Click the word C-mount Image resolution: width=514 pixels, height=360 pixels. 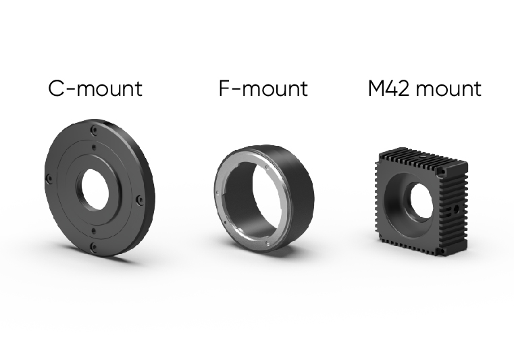(95, 88)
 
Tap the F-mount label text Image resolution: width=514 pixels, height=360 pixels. (263, 88)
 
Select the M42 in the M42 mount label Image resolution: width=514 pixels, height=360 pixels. (389, 88)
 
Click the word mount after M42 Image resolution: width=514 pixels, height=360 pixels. (448, 89)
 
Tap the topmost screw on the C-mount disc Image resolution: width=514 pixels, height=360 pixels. (94, 130)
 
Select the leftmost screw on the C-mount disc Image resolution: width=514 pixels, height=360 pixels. (49, 179)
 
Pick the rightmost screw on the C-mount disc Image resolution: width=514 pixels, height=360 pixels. (139, 199)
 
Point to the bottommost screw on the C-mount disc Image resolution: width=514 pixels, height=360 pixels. (93, 247)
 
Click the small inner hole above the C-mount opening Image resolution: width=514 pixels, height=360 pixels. (95, 147)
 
